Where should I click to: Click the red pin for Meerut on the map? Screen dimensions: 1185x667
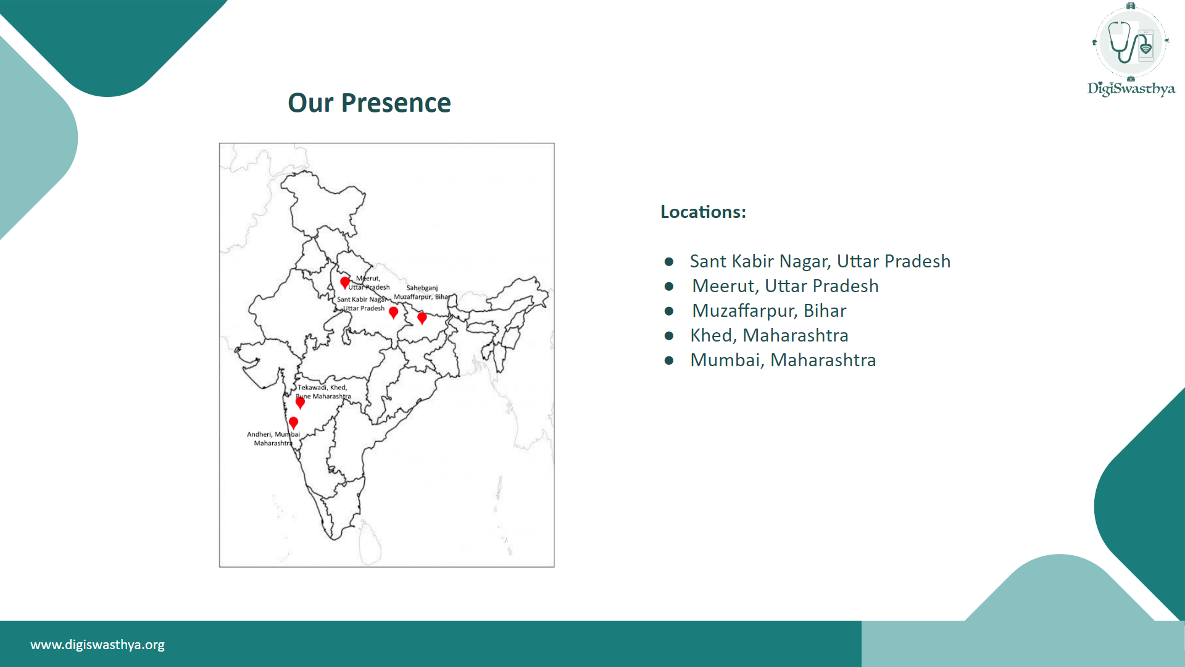(345, 282)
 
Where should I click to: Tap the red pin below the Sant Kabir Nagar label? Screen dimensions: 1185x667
(393, 313)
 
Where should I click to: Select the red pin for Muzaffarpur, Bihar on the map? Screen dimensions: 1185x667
(422, 318)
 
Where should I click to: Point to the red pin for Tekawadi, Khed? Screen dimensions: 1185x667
(300, 403)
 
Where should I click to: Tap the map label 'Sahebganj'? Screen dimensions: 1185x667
(422, 288)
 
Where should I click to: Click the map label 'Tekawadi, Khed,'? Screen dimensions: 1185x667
(322, 387)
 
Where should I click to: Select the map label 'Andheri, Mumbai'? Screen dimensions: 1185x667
(273, 434)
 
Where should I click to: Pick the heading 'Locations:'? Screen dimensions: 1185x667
(703, 212)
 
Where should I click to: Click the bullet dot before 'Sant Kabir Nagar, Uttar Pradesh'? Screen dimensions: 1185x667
(669, 262)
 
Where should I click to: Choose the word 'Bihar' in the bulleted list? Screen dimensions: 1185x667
(825, 311)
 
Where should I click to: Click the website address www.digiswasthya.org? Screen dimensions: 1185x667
(98, 645)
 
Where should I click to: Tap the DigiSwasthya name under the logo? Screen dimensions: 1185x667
(1131, 89)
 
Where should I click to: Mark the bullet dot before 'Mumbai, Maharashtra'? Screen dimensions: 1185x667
(669, 361)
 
